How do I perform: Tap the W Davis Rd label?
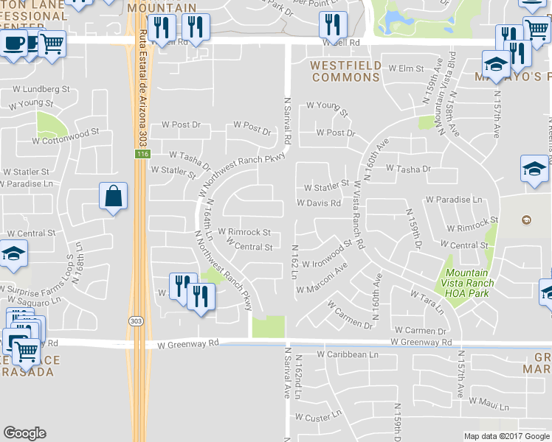[x=319, y=203]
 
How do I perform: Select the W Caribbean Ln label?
[x=347, y=354]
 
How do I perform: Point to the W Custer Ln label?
[x=320, y=416]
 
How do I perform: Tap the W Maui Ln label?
[x=485, y=402]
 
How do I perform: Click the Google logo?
[x=24, y=433]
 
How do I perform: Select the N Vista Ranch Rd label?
[x=359, y=214]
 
